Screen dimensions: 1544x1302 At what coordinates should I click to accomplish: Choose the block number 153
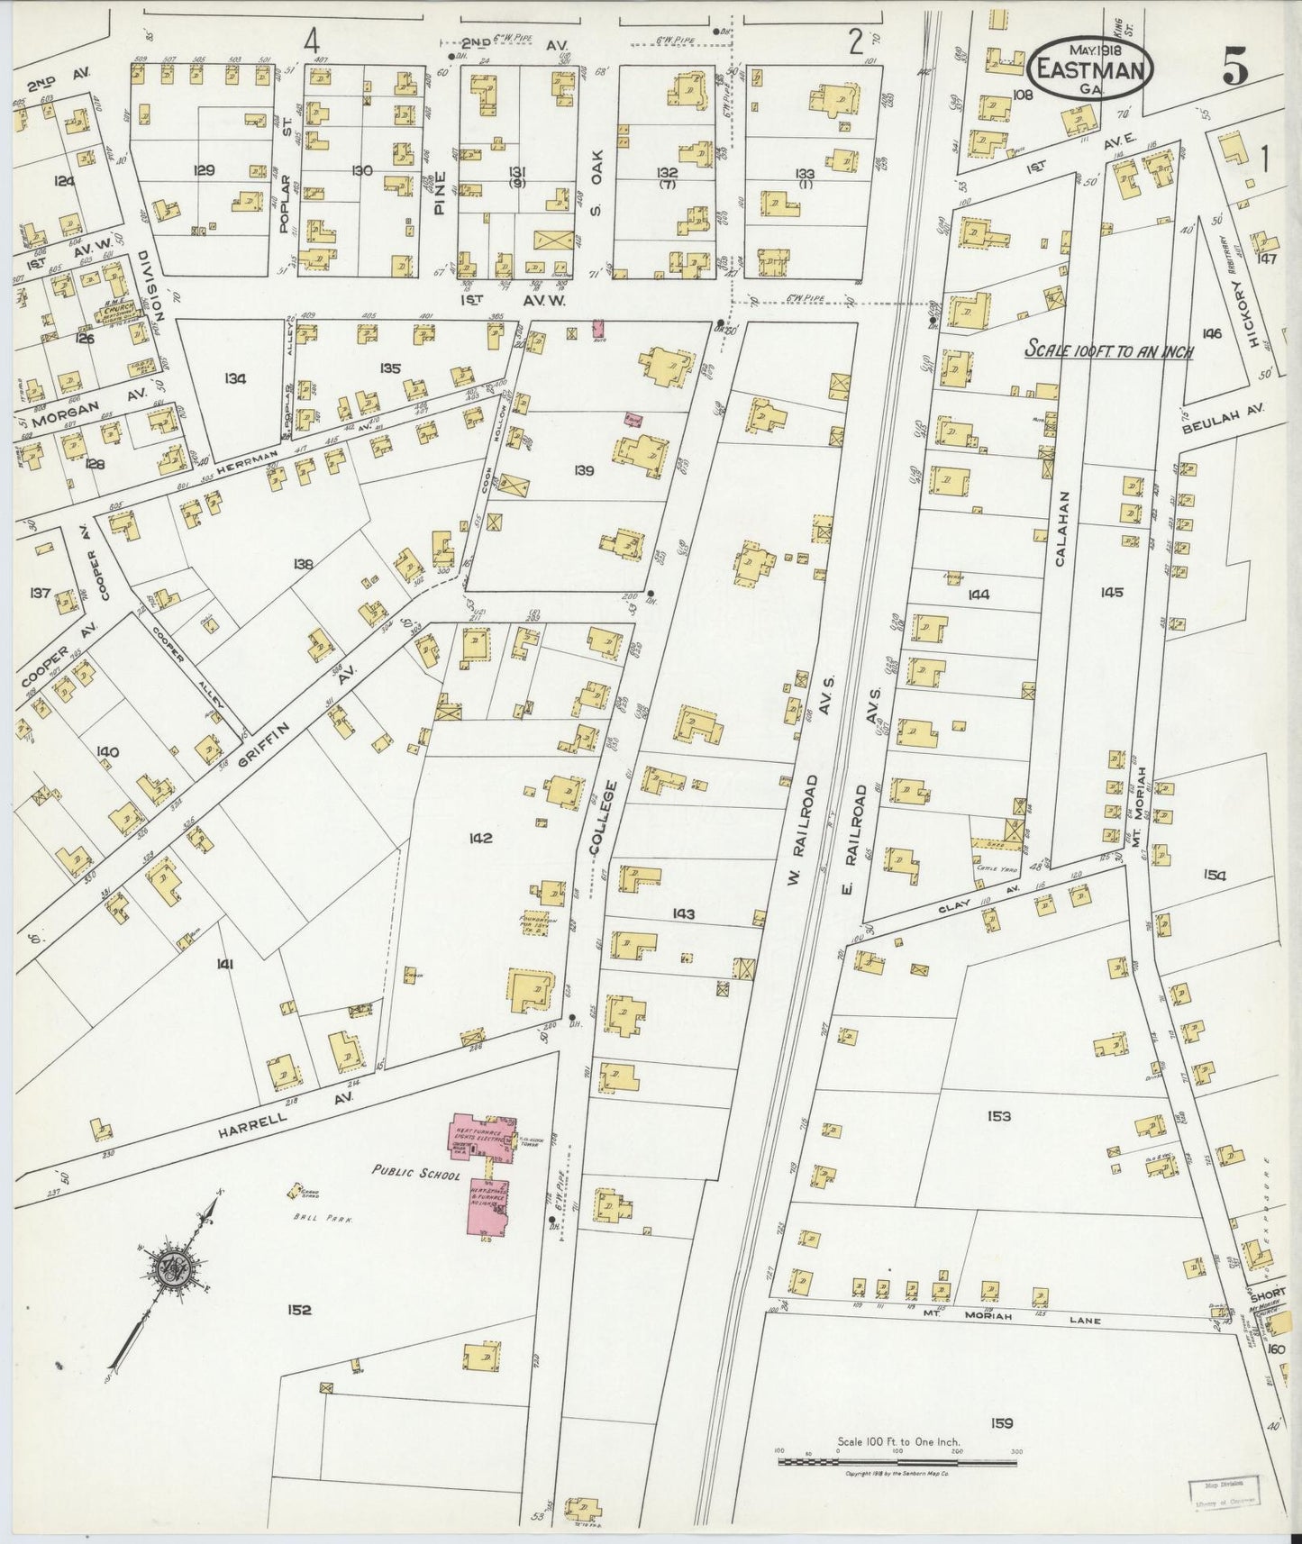(998, 1116)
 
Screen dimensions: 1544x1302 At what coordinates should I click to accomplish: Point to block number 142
(479, 838)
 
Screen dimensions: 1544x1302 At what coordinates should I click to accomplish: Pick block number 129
(205, 169)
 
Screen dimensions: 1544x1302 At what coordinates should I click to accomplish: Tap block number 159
(1001, 1423)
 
